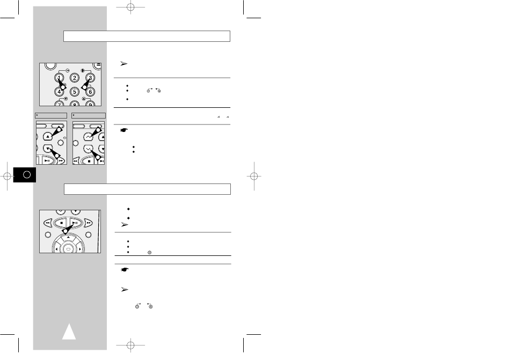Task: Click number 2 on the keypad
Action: tap(75, 78)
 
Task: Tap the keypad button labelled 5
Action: tap(75, 92)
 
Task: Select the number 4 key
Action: tap(59, 92)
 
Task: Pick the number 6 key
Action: tap(90, 92)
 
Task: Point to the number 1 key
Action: tap(59, 78)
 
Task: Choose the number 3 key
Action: tap(90, 78)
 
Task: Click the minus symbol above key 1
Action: tap(67, 70)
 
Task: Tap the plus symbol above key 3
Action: tap(83, 70)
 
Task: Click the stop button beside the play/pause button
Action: tap(61, 223)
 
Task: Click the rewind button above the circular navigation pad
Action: tap(48, 223)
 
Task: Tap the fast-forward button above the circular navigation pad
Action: tap(88, 223)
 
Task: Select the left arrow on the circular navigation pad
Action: tap(56, 249)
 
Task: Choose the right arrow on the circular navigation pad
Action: tap(79, 249)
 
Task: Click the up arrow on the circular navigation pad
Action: tap(68, 237)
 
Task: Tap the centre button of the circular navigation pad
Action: tap(68, 249)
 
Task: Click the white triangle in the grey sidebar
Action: tap(69, 332)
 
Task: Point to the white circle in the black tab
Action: tap(27, 175)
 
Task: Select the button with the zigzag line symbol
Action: tap(89, 137)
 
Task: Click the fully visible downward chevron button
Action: tap(89, 149)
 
